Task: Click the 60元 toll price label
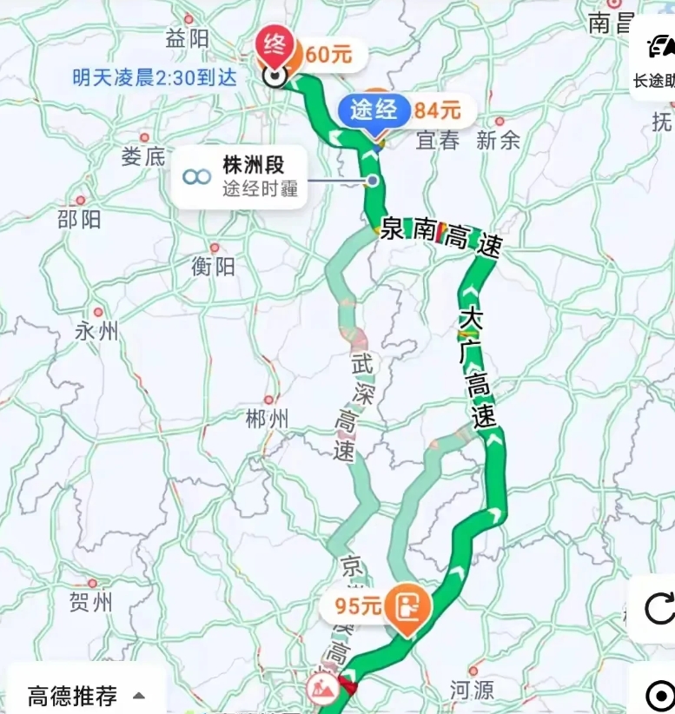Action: pos(328,55)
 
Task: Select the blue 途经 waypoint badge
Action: pos(374,110)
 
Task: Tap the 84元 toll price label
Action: pos(437,110)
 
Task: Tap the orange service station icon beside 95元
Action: pos(405,605)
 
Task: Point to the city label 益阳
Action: pos(188,38)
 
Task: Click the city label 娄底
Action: pos(143,156)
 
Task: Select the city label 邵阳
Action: pos(79,218)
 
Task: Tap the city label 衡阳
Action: pos(213,266)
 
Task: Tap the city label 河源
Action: pos(472,690)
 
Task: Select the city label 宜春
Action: pos(437,140)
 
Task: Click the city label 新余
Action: pos(498,140)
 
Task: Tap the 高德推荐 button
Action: pos(85,695)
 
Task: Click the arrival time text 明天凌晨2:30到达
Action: pos(154,77)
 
